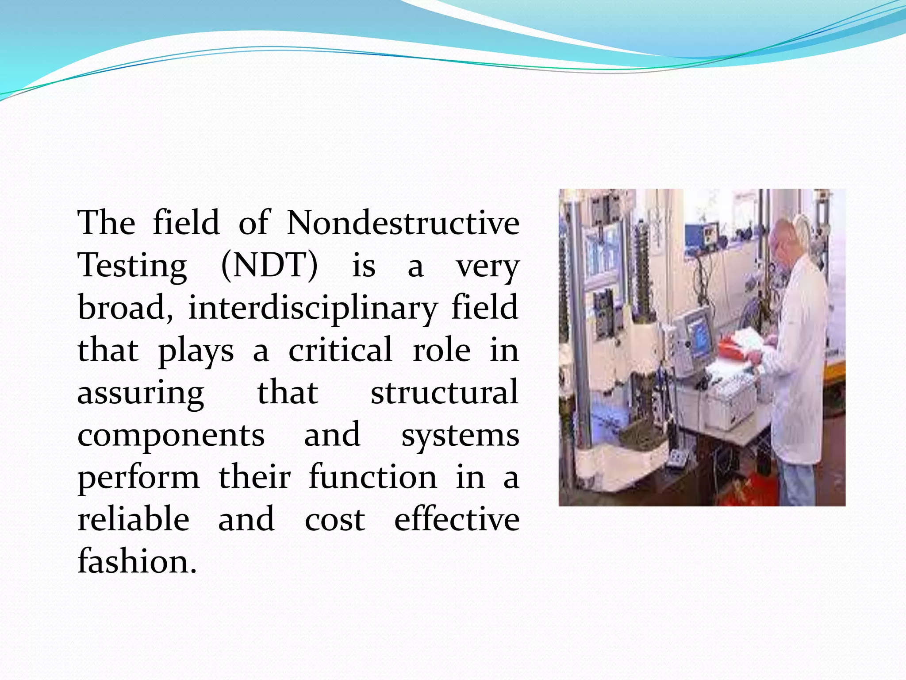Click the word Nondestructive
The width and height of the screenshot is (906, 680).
coord(403,223)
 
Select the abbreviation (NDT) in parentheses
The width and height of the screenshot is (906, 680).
coord(269,266)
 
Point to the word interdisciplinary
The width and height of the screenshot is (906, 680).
coord(313,308)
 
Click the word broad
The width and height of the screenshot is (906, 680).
coord(125,308)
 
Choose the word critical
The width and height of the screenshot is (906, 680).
coord(340,350)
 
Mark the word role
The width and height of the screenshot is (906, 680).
coord(441,350)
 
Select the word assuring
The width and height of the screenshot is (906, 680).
coord(141,393)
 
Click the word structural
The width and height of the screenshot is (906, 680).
coord(444,392)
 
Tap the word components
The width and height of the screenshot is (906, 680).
coord(171,436)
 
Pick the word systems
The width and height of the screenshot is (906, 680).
coord(460,436)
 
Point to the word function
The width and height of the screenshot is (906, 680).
coord(372,477)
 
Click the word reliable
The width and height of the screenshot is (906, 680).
coord(134,519)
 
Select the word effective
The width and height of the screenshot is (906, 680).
coord(457,519)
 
